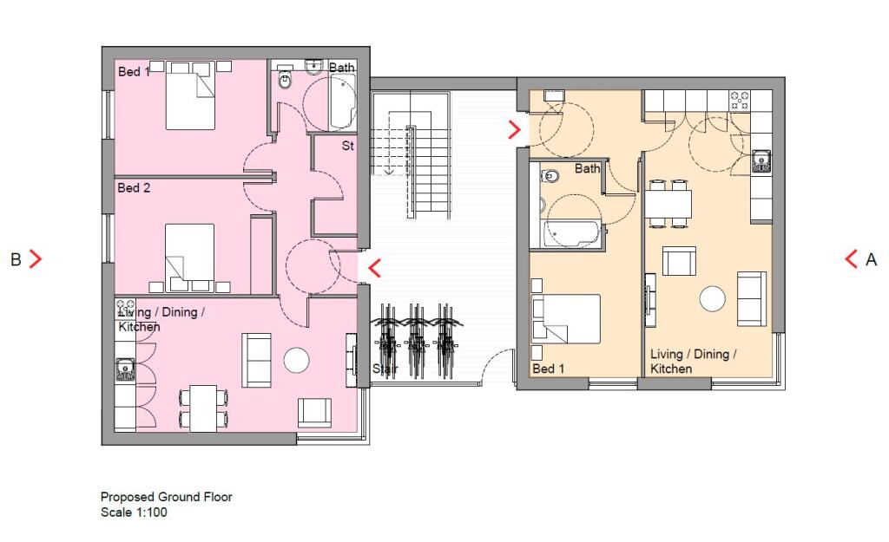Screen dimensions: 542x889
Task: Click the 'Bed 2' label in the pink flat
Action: (x=134, y=187)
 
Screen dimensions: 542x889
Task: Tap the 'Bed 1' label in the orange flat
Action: (x=549, y=369)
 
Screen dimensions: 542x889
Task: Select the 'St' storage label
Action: (x=347, y=147)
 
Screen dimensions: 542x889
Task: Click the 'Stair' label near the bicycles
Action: (x=385, y=369)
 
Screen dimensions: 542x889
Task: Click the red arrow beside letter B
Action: (x=36, y=258)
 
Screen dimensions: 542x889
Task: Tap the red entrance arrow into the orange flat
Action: (x=515, y=130)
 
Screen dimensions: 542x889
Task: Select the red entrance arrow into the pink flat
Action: (x=374, y=268)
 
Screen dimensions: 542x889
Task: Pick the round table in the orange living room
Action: (x=712, y=298)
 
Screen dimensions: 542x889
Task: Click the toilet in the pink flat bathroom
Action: (x=286, y=80)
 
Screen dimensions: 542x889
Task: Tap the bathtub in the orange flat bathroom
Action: (x=570, y=233)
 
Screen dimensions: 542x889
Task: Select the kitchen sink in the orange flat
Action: (x=761, y=159)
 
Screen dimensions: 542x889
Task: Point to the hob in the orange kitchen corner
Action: (x=741, y=100)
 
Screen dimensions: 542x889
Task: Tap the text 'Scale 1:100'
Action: (x=134, y=513)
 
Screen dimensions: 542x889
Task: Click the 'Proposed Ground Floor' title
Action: (x=166, y=497)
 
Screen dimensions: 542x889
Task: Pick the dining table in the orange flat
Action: (x=668, y=204)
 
